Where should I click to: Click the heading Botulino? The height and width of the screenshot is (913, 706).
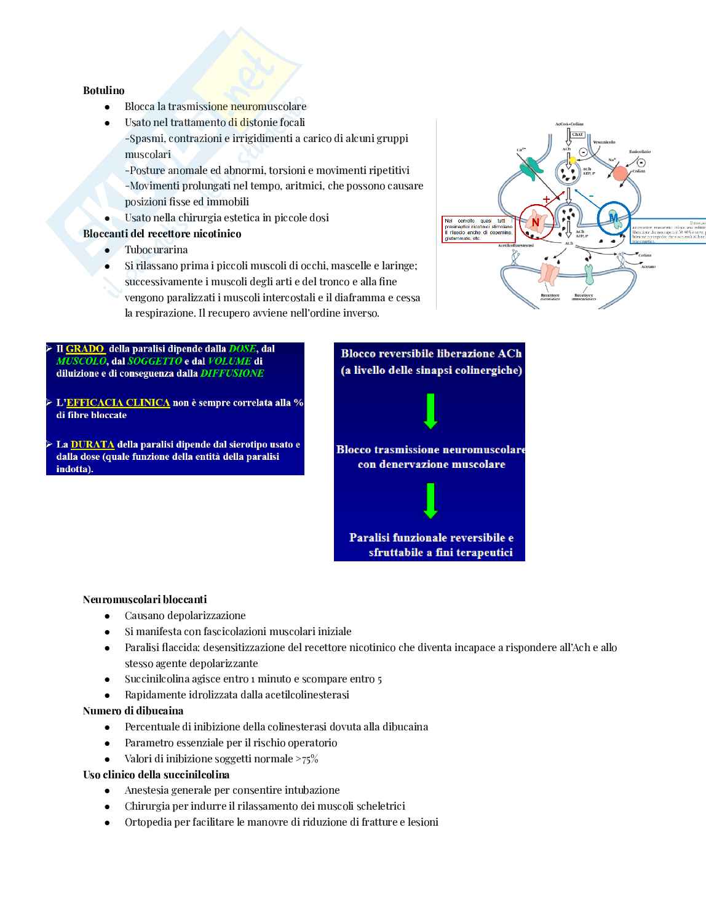(x=103, y=90)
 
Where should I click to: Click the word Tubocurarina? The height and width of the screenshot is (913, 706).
(x=156, y=250)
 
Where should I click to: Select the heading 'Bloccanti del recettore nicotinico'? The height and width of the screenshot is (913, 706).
(x=162, y=234)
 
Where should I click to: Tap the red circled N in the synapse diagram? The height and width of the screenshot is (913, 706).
(x=535, y=222)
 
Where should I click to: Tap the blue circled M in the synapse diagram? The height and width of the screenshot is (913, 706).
(x=613, y=218)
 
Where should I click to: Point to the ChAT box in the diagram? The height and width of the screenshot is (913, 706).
(x=577, y=134)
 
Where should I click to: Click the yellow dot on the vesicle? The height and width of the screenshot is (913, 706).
(x=573, y=160)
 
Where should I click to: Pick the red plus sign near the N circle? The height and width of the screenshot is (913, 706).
(x=546, y=199)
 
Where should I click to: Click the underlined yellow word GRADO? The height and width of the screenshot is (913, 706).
(x=85, y=349)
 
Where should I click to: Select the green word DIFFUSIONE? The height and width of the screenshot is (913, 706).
(x=232, y=373)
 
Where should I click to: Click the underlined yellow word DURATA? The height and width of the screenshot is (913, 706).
(x=92, y=444)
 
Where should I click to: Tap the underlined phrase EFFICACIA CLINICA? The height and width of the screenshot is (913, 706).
(x=118, y=403)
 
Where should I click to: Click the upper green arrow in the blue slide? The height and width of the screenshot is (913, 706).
(x=430, y=410)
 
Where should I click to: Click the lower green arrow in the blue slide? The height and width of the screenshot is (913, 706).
(x=430, y=500)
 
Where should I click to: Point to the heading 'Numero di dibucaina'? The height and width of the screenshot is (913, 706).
(x=133, y=711)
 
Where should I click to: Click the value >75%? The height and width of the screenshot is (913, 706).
(x=307, y=759)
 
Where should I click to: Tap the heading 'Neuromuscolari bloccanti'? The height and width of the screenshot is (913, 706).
(x=145, y=599)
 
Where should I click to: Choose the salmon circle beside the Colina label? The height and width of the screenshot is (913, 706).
(x=620, y=173)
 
